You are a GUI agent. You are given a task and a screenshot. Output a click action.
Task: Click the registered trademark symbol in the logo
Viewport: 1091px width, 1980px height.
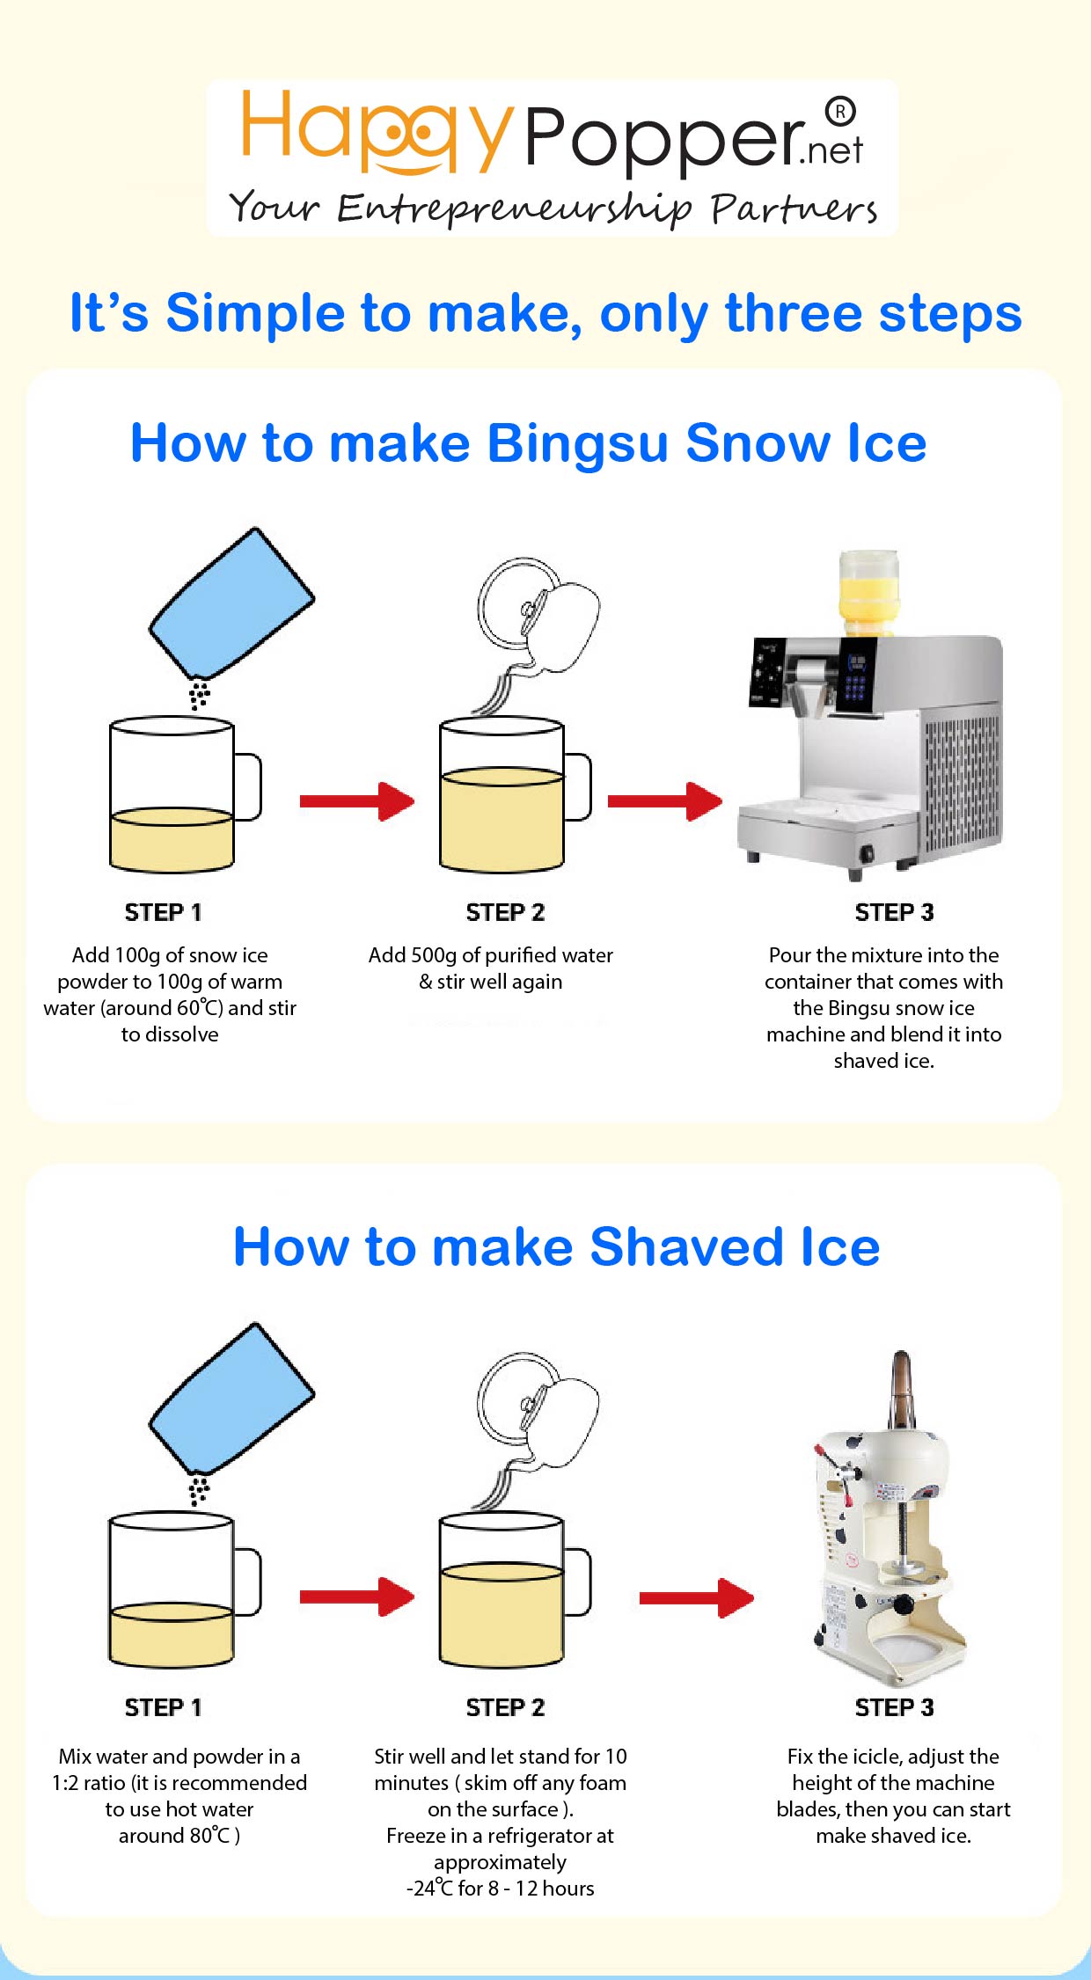840,111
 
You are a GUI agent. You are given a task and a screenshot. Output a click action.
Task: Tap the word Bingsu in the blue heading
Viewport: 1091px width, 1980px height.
578,443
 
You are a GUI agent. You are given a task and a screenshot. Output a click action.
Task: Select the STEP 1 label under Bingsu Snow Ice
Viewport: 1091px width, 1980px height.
164,912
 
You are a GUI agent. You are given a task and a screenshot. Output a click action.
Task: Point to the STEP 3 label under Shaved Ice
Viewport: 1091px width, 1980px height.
894,1707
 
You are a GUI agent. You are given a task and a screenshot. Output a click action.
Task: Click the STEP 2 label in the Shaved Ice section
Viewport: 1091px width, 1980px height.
505,1707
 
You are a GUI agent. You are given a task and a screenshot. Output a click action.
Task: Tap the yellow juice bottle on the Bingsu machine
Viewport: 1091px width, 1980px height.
868,591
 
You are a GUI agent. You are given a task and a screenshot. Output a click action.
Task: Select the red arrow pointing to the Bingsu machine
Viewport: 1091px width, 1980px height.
664,800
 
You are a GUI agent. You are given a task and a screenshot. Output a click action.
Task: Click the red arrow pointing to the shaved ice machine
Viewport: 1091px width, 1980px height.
696,1597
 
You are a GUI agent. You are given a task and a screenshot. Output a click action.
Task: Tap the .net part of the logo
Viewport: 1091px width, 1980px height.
831,151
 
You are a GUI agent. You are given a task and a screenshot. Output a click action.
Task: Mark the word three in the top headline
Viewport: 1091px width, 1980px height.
793,313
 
